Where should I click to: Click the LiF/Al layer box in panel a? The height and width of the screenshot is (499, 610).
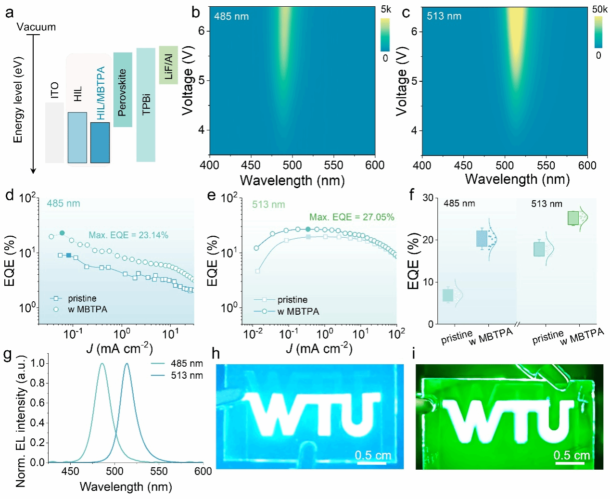click(x=168, y=65)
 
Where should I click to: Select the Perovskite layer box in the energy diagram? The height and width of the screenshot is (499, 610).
click(x=123, y=90)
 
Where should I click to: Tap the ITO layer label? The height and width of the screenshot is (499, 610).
click(x=54, y=90)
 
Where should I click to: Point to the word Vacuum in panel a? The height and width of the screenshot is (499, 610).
click(x=36, y=27)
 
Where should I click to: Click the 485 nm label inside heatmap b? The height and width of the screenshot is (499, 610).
click(x=231, y=16)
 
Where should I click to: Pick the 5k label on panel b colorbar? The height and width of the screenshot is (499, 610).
click(x=386, y=9)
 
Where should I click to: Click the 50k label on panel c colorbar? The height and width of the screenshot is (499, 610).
click(x=599, y=9)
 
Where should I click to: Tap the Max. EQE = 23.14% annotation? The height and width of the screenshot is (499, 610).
click(x=128, y=235)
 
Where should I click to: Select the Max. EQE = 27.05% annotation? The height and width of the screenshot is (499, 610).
click(x=352, y=217)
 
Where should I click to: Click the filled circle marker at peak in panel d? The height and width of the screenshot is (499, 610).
click(x=62, y=233)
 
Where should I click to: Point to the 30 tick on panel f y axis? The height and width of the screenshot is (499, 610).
click(x=428, y=198)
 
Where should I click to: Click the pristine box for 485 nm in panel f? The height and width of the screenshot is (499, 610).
click(x=448, y=295)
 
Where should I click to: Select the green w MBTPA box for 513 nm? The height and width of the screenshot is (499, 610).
click(x=573, y=218)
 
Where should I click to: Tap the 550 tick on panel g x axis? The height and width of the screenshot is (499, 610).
click(x=159, y=471)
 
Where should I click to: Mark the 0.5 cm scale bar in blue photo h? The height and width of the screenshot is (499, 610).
click(x=372, y=463)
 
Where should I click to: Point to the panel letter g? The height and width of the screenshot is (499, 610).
click(x=7, y=355)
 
